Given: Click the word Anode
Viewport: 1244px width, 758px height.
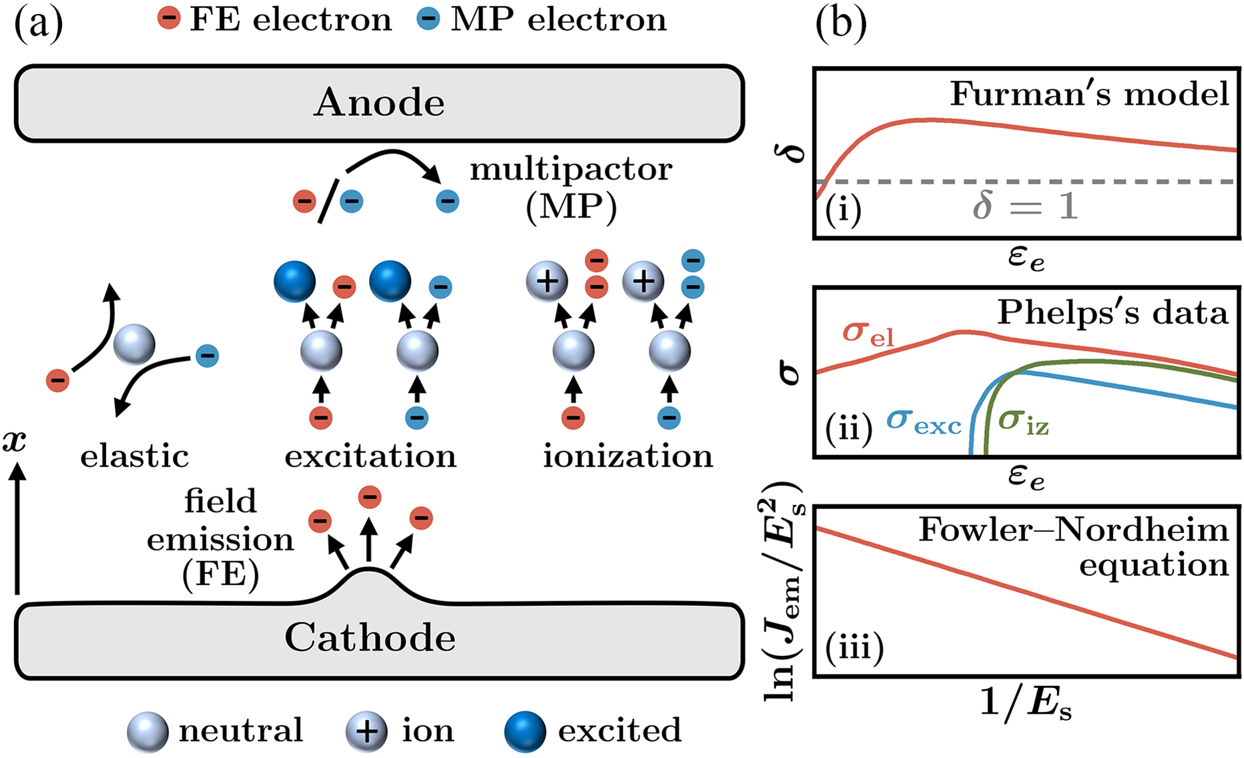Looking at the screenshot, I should tap(379, 103).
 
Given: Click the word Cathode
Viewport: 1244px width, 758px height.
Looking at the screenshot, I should tap(370, 638).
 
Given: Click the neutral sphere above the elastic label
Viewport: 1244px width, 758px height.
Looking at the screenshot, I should tap(134, 345).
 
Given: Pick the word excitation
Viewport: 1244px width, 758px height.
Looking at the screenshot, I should tap(370, 456).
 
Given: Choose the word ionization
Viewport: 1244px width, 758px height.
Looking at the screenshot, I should tap(627, 456).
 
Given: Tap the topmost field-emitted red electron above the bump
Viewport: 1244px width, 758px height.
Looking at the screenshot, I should tap(370, 496).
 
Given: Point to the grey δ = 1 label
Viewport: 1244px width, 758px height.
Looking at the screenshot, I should tap(1025, 205).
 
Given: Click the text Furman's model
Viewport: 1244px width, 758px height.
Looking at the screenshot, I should tap(1089, 94).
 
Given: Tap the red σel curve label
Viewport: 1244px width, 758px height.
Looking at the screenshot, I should tap(868, 333).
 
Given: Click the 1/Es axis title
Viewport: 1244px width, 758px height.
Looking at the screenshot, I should tap(1025, 703).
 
